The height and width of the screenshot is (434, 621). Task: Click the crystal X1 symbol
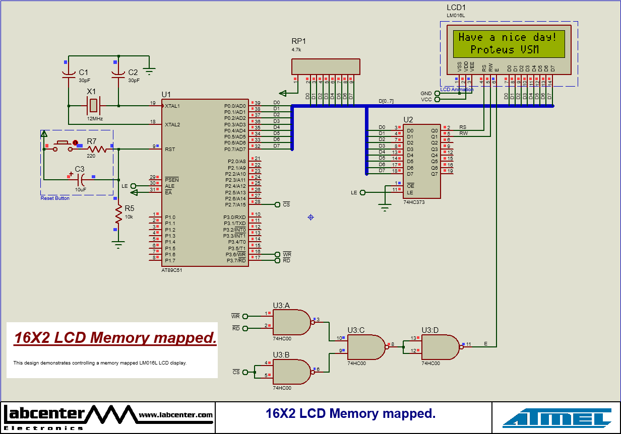(93, 106)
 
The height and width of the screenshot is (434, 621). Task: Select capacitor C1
(69, 75)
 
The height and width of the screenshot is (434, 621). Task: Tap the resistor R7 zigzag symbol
(97, 149)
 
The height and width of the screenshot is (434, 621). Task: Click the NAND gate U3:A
(291, 322)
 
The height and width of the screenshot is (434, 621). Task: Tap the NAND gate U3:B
(291, 372)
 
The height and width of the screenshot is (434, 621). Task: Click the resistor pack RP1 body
(326, 66)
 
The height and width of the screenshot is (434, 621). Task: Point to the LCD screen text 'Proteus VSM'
(505, 50)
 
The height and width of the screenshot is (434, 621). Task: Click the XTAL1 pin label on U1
(172, 106)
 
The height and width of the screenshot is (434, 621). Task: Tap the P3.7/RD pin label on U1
(235, 260)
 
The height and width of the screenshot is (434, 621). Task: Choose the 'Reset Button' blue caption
(55, 198)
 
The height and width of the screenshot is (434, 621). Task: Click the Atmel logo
(557, 417)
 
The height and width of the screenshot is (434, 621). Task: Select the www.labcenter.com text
(175, 415)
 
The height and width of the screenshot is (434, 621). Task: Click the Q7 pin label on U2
(434, 174)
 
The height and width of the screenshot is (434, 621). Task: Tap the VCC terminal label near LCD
(426, 100)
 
